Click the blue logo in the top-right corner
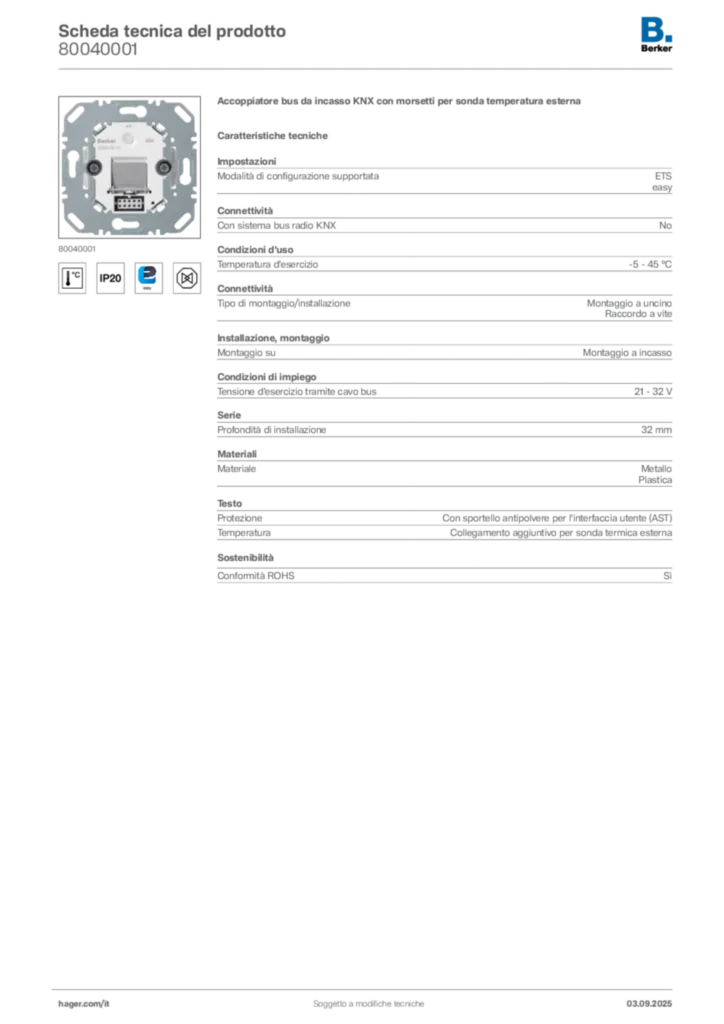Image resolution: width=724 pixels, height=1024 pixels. click(x=657, y=29)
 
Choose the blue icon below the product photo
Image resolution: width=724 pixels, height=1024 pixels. click(x=148, y=277)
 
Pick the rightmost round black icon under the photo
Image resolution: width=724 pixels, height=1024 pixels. click(x=186, y=277)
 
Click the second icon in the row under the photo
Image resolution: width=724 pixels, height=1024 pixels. click(x=110, y=278)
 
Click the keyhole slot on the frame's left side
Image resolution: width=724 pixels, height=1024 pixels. click(x=72, y=161)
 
